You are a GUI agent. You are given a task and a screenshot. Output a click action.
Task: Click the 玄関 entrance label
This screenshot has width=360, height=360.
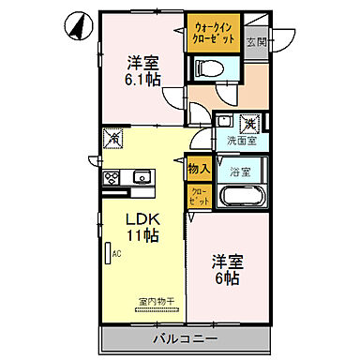click(x=255, y=41)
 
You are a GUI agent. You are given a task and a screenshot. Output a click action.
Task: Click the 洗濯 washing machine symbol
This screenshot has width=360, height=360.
click(x=250, y=122)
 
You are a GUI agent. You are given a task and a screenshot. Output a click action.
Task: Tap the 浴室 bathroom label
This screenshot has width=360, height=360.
click(x=240, y=172)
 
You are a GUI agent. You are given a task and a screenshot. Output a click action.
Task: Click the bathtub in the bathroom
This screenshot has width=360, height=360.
click(x=241, y=197)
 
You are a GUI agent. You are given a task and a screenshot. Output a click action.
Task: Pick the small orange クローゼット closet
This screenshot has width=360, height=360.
click(x=199, y=196)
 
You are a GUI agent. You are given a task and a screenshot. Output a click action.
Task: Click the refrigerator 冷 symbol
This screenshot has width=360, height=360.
click(x=113, y=139)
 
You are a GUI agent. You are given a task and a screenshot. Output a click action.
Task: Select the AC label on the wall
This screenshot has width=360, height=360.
click(x=116, y=252)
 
